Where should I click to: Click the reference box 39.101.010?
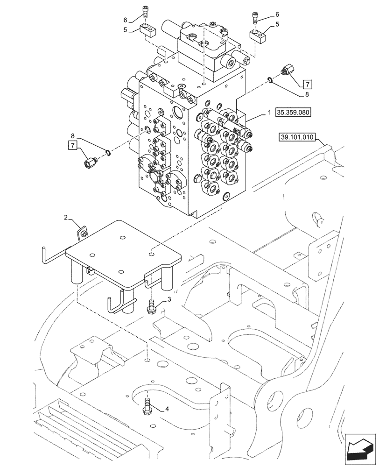click(x=297, y=138)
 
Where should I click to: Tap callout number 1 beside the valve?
click(x=269, y=113)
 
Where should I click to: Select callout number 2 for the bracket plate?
click(x=66, y=217)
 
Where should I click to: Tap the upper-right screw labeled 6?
click(x=255, y=17)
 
